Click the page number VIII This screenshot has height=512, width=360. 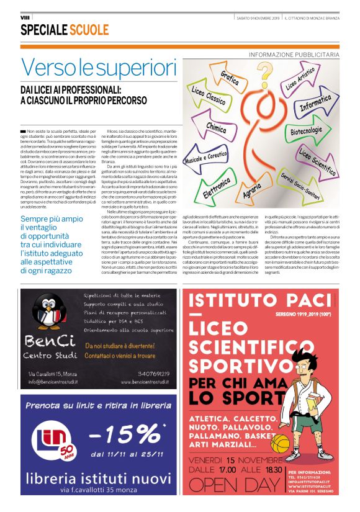pos(25,17)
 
